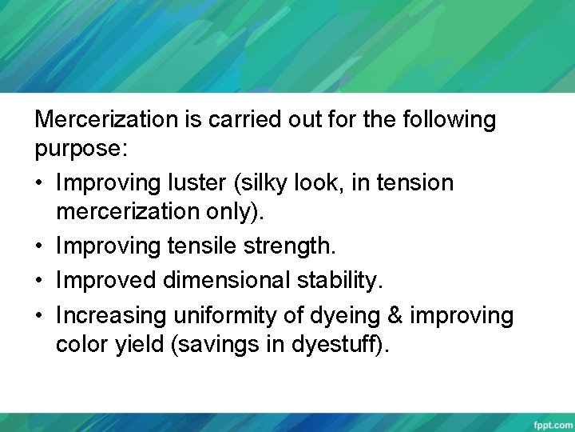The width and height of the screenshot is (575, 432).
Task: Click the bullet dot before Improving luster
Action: click(40, 184)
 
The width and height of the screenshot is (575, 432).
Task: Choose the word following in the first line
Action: click(450, 120)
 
